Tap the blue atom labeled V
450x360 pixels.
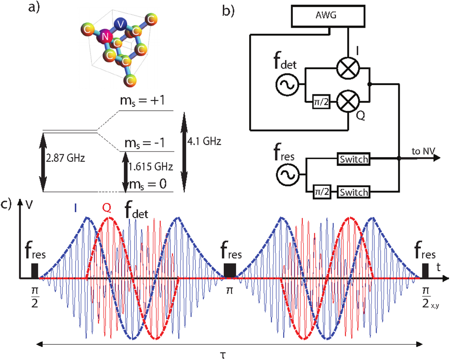tap(121, 24)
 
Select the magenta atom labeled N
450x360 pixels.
tap(105, 36)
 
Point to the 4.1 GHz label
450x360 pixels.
tap(204, 141)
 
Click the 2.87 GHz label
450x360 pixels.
tap(66, 158)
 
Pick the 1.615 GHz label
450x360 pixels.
tap(151, 167)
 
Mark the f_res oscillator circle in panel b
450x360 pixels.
tap(287, 175)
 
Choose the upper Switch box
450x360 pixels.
tap(353, 159)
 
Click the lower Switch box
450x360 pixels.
tap(353, 192)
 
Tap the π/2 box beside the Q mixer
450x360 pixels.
tap(321, 102)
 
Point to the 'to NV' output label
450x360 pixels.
tap(423, 151)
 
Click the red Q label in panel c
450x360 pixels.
tap(107, 208)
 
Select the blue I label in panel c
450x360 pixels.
tap(75, 208)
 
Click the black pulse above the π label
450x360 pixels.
tap(230, 270)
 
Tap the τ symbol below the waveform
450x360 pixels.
tap(223, 354)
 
